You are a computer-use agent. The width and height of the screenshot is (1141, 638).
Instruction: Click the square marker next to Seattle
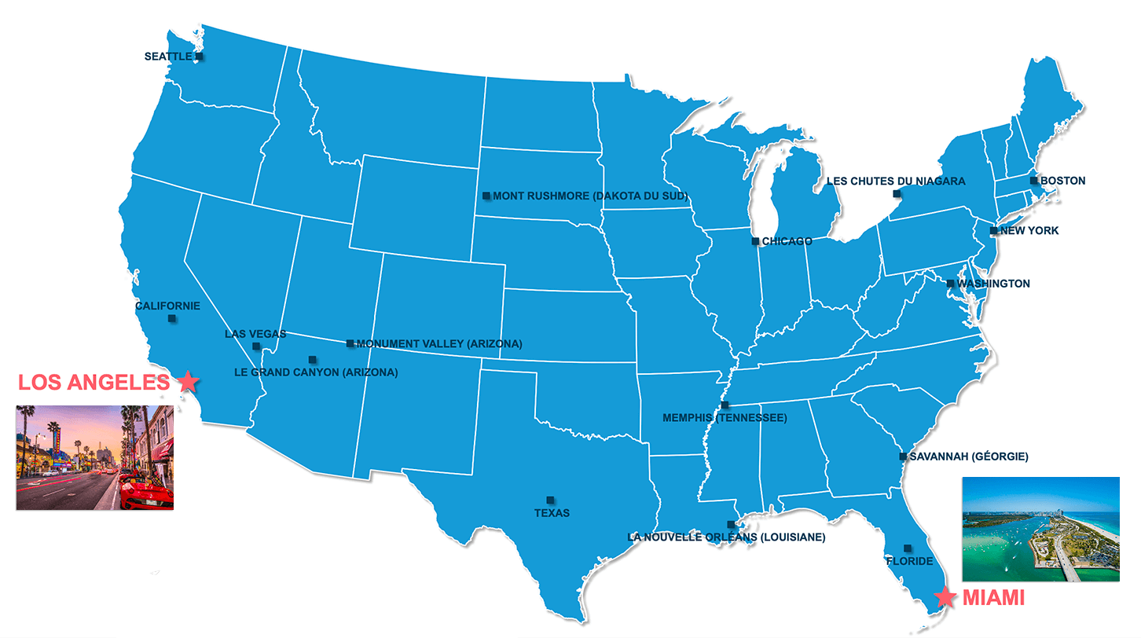200,57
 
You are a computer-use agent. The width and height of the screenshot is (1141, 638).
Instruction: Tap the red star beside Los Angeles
188,382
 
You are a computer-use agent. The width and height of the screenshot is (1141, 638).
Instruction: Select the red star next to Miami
945,598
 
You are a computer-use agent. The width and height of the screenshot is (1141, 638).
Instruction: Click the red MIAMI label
993,598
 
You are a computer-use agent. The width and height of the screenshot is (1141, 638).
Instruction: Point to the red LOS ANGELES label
94,383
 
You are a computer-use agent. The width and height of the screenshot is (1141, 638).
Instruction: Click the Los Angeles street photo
95,457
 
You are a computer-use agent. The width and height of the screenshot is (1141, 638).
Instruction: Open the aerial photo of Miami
1040,529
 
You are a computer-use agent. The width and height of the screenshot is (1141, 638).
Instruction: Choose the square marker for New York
993,231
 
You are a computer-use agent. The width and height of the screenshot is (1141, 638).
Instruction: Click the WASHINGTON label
993,284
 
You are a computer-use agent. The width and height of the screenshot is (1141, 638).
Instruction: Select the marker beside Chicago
755,241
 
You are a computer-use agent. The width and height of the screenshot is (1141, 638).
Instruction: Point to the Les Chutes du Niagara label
896,181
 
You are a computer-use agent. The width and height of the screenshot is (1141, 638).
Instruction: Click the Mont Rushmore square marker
486,196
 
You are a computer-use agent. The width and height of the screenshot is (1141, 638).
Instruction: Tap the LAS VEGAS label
255,334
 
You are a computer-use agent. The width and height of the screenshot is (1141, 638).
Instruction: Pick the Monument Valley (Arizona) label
439,344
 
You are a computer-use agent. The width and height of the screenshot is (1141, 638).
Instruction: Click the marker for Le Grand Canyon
312,360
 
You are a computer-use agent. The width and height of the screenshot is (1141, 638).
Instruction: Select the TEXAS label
551,513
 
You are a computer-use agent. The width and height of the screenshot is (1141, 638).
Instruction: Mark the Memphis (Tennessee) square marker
725,405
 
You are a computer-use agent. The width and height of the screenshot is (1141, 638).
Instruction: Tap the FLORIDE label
909,561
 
